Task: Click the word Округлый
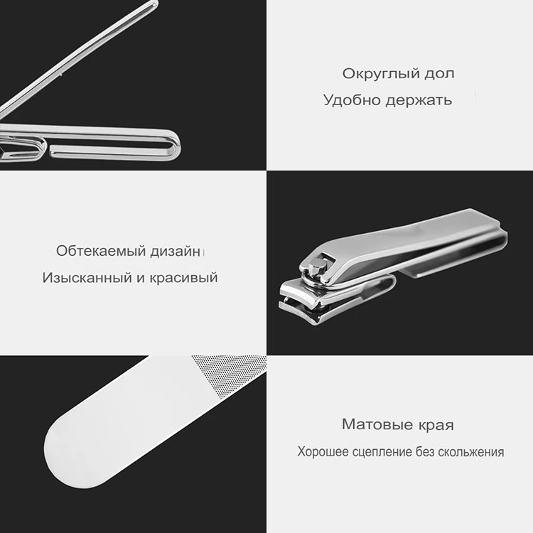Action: (x=380, y=74)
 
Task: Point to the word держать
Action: (x=419, y=101)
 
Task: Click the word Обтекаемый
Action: (x=101, y=251)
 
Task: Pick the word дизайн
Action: (x=176, y=252)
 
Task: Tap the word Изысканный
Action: (x=87, y=278)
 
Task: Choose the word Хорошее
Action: (x=323, y=452)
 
